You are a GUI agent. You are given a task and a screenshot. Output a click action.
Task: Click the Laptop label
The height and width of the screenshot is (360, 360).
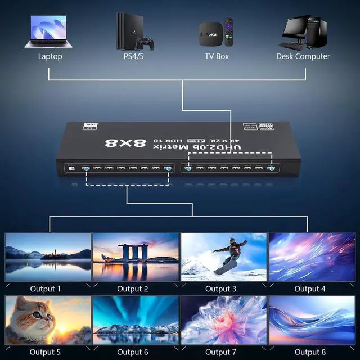pos(50,56)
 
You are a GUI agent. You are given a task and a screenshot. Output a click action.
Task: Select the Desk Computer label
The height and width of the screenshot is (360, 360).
pos(303,56)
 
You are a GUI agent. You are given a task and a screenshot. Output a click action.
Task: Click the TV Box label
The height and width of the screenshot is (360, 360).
pos(217,56)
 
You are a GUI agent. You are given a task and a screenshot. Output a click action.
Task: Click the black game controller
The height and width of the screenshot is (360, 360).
pos(147,43)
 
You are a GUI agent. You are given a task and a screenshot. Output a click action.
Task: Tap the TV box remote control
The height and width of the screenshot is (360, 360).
pos(228,32)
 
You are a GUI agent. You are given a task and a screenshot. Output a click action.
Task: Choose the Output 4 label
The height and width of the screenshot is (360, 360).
pos(310,289)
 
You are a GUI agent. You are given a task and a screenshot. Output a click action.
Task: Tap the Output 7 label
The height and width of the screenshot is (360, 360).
pos(222,353)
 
